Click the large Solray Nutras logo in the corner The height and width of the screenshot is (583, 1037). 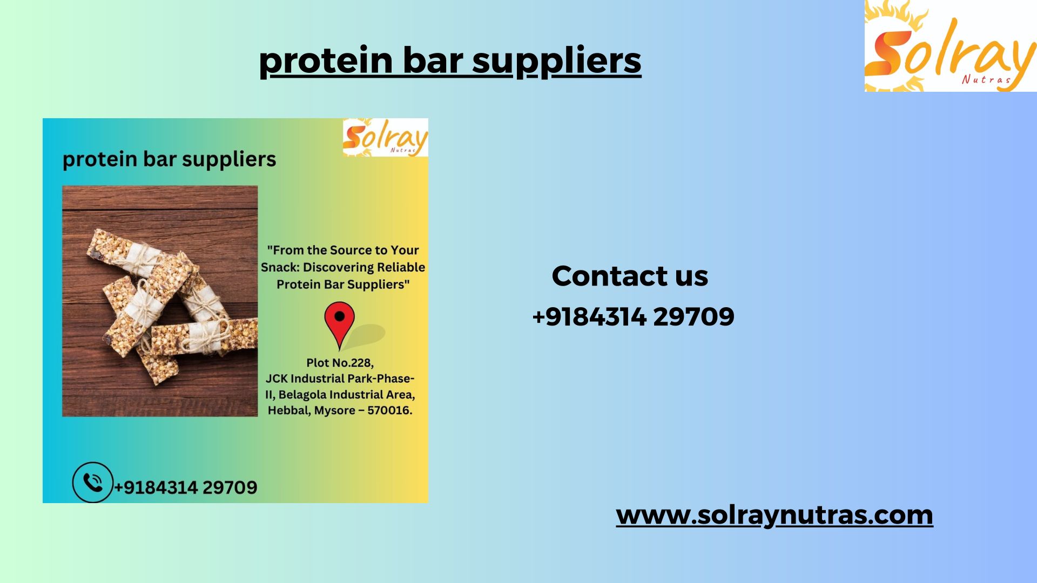pyautogui.click(x=951, y=46)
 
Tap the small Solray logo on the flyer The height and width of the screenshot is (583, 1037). pyautogui.click(x=386, y=138)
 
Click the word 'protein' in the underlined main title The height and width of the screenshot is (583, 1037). pyautogui.click(x=326, y=60)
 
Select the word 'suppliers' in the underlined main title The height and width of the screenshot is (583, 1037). pyautogui.click(x=557, y=60)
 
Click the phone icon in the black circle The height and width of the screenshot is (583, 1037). pyautogui.click(x=93, y=482)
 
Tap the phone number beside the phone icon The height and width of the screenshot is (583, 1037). pyautogui.click(x=185, y=487)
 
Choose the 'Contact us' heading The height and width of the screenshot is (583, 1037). pyautogui.click(x=630, y=276)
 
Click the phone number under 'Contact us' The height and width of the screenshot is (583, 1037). pyautogui.click(x=633, y=316)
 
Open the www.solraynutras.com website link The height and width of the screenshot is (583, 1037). pyautogui.click(x=775, y=514)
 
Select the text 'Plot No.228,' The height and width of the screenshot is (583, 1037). pyautogui.click(x=340, y=363)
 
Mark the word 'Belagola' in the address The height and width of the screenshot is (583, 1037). pyautogui.click(x=302, y=395)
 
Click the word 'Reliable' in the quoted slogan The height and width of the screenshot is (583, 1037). pyautogui.click(x=401, y=267)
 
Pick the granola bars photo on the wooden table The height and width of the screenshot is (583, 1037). pyautogui.click(x=160, y=301)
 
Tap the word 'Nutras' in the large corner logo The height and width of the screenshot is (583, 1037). pyautogui.click(x=986, y=79)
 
